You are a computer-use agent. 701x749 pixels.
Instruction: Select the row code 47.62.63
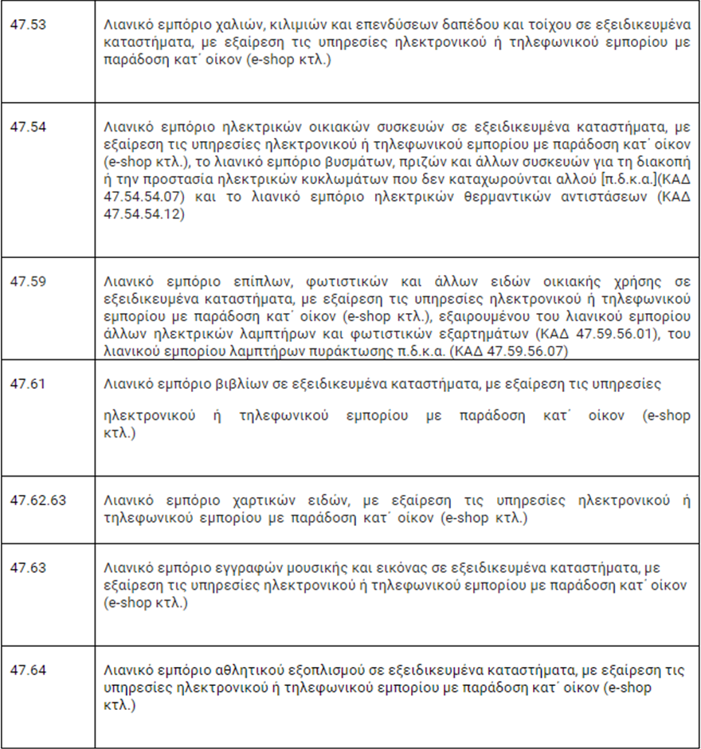point(38,500)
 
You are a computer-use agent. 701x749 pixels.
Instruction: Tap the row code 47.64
point(28,669)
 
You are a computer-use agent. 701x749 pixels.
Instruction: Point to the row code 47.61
point(28,383)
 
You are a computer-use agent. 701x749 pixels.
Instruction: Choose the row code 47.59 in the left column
point(28,281)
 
